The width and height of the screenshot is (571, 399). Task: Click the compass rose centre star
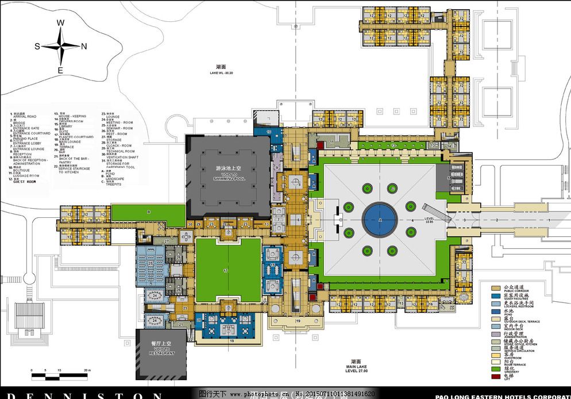pos(60,46)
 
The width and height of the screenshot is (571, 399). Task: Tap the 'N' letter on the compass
pos(84,47)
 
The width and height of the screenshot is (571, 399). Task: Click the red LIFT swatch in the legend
pos(495,377)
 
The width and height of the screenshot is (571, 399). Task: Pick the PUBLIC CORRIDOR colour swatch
pos(495,287)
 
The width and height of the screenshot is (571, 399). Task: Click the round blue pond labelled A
pos(380,220)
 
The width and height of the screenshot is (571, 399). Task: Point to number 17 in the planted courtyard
pos(226,270)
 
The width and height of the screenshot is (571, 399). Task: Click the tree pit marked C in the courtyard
pos(392,188)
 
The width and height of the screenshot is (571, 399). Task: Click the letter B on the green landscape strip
pos(148,212)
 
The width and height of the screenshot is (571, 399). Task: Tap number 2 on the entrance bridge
pos(497,220)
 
